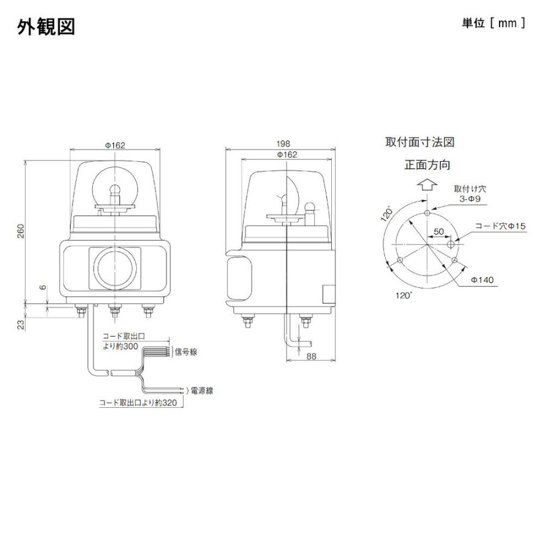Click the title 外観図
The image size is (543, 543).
click(46, 27)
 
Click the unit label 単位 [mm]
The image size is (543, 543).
click(493, 24)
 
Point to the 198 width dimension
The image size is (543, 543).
click(284, 144)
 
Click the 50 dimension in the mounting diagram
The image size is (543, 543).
click(439, 232)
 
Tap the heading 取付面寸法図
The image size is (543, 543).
click(419, 142)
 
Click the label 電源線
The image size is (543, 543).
click(201, 390)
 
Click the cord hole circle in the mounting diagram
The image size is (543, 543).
click(451, 244)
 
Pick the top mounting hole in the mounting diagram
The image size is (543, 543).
click(427, 213)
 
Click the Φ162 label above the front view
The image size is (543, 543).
click(115, 145)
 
